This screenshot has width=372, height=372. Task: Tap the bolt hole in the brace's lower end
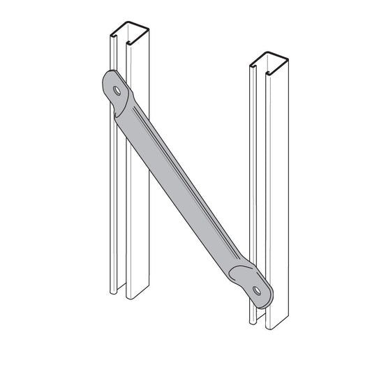[258, 289]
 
